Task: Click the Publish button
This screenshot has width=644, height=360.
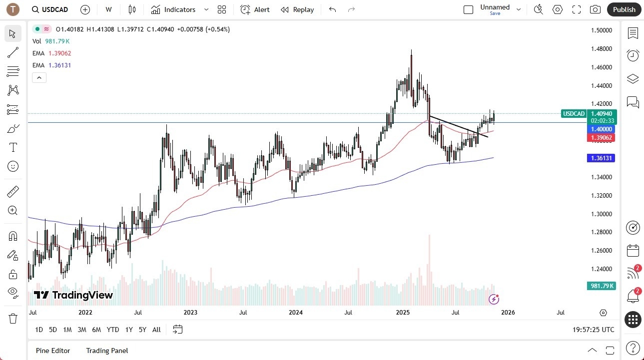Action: click(624, 9)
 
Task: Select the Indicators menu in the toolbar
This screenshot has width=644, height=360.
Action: click(179, 9)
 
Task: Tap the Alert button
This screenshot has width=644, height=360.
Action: click(255, 9)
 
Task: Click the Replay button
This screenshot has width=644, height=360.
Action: click(297, 9)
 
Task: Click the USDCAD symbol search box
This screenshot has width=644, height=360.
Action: click(50, 9)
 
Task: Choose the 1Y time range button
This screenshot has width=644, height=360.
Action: click(129, 330)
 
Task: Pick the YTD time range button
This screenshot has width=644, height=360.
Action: click(113, 330)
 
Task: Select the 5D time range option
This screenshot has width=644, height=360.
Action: click(53, 330)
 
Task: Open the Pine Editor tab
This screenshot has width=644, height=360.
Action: click(53, 351)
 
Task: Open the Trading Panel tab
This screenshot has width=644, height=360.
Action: click(107, 351)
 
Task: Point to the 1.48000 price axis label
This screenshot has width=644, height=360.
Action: click(601, 49)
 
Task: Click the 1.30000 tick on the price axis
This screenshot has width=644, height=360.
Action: click(601, 214)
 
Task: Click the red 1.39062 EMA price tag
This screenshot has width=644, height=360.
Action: click(601, 138)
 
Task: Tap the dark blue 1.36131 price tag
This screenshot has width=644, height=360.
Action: click(601, 158)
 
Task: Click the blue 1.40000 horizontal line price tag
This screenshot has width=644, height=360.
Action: click(601, 129)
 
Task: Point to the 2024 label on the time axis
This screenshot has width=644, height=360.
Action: click(296, 313)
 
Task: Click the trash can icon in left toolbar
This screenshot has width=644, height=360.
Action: click(13, 319)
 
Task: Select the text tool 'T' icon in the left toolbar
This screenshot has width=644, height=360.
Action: click(13, 147)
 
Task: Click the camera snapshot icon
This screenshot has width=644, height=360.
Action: click(595, 9)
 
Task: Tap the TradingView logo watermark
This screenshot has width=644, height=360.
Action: click(73, 295)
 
